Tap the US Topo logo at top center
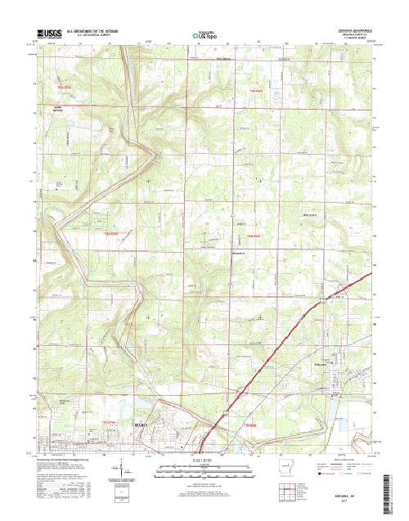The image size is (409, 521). pos(203,35)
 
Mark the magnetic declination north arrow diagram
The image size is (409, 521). pos(125,473)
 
